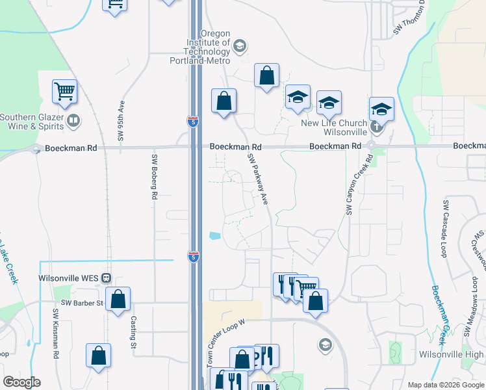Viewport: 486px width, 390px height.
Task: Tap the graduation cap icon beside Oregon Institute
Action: coord(239,45)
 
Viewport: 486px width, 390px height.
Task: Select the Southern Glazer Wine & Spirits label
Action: coord(33,122)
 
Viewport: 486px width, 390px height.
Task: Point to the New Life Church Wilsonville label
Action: coord(334,127)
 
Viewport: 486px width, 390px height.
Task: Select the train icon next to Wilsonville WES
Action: coord(106,278)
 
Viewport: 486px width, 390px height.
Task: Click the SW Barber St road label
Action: coord(82,303)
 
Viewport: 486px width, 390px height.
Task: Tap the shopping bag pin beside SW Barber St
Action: coord(118,300)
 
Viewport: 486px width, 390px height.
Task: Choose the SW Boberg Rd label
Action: coord(155,176)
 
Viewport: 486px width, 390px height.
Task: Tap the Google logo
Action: coord(21,382)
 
